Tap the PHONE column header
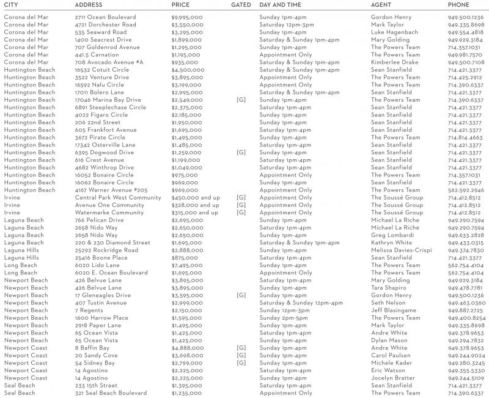coord(459,5)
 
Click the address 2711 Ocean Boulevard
coord(106,17)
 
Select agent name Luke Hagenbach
coord(394,32)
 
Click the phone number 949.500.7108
coord(466,62)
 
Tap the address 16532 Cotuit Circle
coord(102,70)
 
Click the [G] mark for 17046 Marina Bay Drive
coord(241,100)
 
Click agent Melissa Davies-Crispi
coord(401,250)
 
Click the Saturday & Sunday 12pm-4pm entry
coord(301,303)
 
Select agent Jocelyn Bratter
coord(392,378)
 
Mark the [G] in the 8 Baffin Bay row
coord(241,348)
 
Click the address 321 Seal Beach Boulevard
coord(111,393)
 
